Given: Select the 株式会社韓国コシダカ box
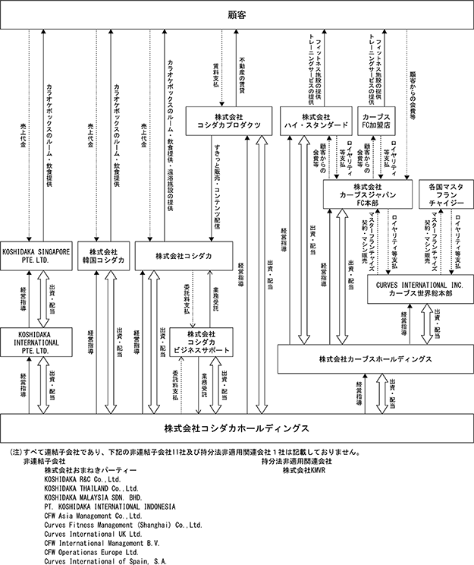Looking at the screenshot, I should pos(105,256).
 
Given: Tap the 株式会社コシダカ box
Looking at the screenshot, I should pos(186,256).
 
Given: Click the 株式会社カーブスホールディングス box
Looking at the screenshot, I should pos(375,358).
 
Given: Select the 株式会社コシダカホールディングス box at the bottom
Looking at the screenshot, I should pos(237,428).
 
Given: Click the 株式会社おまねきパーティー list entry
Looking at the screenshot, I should pos(86,470).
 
